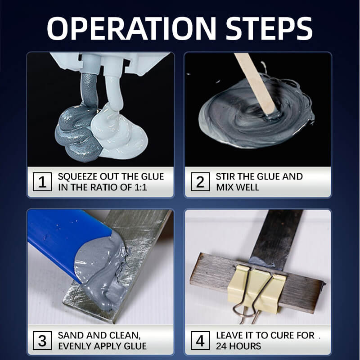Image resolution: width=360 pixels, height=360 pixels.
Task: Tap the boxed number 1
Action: [x=43, y=182]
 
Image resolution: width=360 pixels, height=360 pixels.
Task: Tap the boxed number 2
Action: [x=200, y=182]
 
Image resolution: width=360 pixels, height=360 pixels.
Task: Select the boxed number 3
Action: [x=43, y=340]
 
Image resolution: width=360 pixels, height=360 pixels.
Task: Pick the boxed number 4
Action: [x=200, y=340]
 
